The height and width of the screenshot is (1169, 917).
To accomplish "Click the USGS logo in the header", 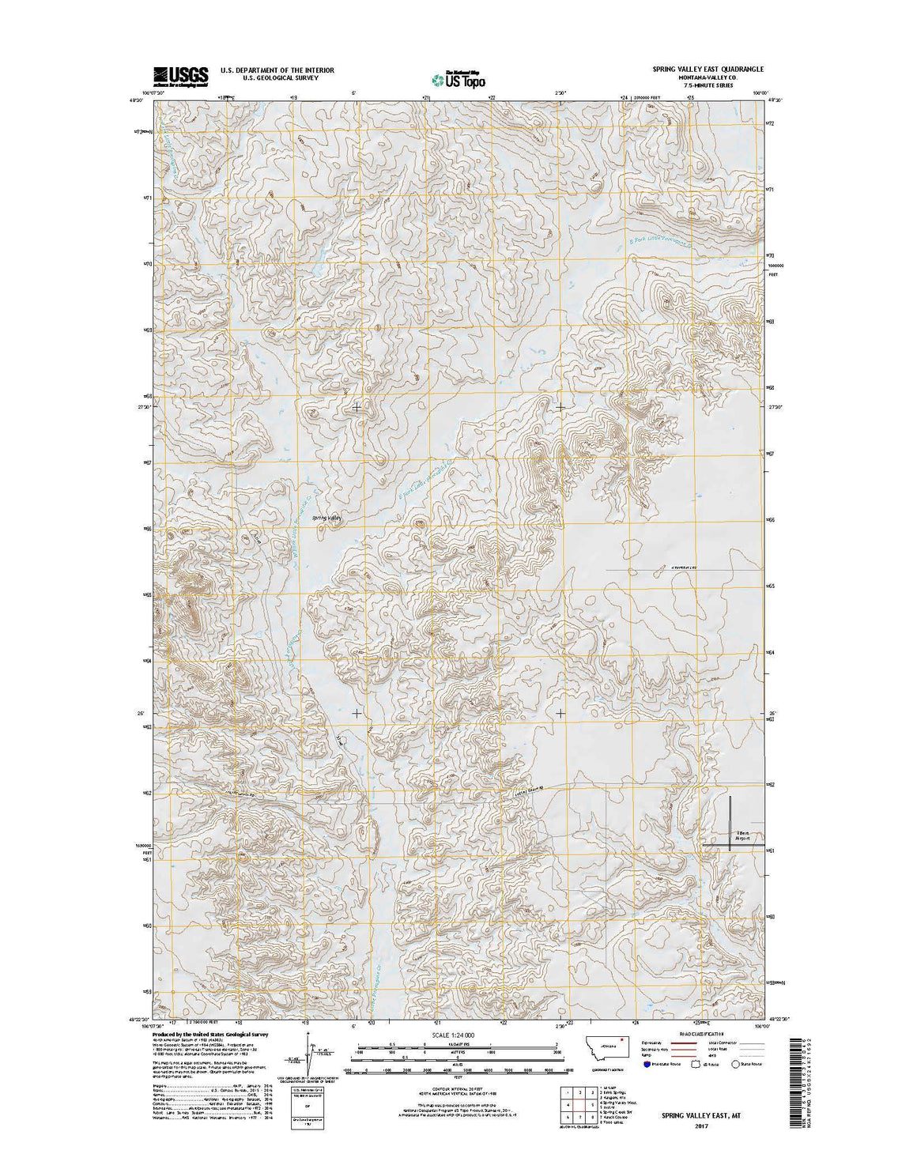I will click(180, 75).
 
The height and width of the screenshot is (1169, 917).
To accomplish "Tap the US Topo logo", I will click(458, 78).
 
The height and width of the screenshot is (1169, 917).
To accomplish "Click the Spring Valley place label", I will click(327, 519).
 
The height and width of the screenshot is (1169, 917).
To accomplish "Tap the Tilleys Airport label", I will click(738, 835).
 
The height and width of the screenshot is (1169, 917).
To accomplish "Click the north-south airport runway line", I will click(730, 822).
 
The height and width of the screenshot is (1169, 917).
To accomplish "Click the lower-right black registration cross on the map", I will click(560, 713).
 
